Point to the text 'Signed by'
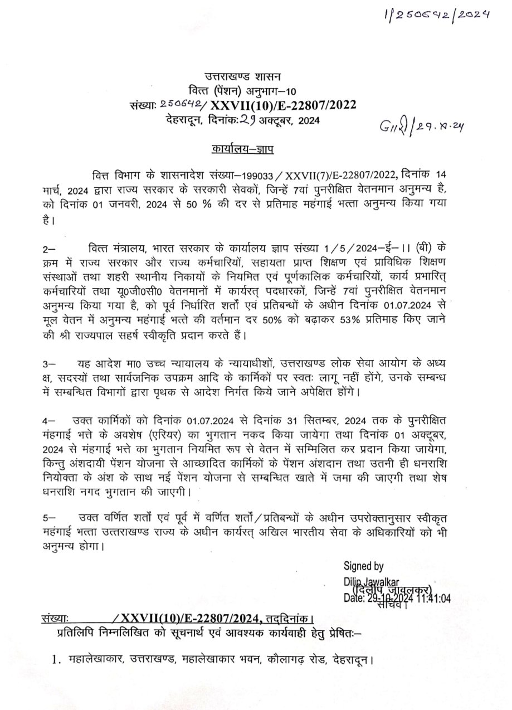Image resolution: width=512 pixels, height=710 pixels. (x=363, y=566)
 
